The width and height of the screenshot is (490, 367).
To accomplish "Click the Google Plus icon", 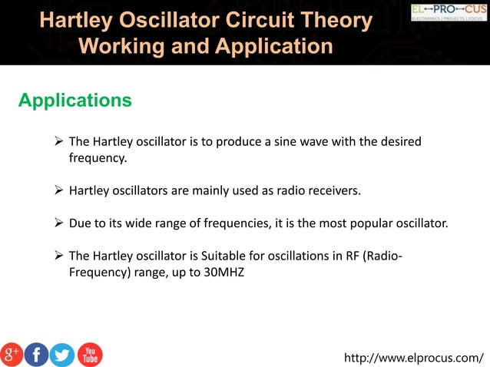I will coord(12,354).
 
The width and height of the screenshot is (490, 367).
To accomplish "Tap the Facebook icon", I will coord(36,354).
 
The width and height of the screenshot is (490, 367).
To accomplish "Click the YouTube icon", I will coord(89,354).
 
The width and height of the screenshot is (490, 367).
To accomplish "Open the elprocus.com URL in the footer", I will coord(414,357).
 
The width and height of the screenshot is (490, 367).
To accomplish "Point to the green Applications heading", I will coord(74,101).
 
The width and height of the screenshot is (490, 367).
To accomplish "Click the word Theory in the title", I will coord(336,21).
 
